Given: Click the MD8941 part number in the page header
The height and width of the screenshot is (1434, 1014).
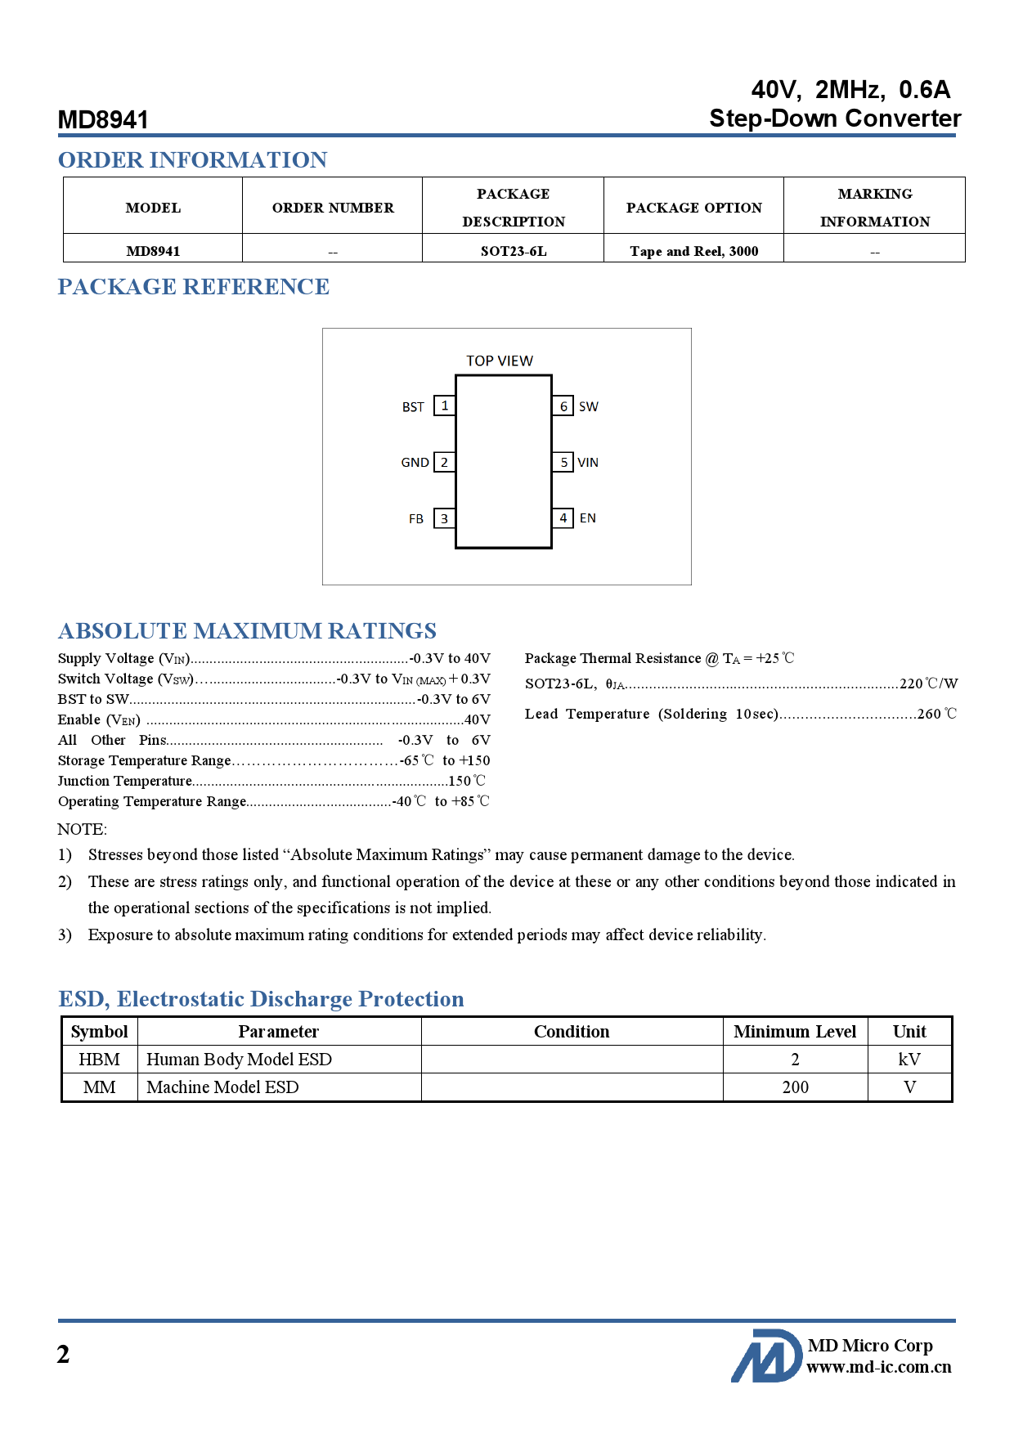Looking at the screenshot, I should point(103,120).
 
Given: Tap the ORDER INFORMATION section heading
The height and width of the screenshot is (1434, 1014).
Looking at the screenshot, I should point(192,160).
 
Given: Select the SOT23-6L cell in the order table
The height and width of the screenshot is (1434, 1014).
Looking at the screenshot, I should point(513,251).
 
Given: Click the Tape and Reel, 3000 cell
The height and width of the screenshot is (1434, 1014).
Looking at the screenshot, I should point(693,251).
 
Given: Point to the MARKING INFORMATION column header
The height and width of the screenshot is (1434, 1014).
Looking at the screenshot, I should point(874,208).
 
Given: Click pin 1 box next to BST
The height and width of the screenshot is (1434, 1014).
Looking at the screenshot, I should point(444,406).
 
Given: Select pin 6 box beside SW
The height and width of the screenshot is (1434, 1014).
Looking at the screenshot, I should point(563,406).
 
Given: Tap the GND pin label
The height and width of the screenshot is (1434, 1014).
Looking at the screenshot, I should point(415,463).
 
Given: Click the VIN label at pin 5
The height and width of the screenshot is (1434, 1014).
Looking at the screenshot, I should point(588,463).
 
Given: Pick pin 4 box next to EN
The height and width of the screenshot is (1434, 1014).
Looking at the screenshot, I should point(563,518).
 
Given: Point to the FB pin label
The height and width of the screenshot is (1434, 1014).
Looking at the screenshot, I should point(416,519).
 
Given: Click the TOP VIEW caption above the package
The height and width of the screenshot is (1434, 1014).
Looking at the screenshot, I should point(499,361).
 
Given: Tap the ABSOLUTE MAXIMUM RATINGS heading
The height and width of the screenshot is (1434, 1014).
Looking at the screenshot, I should point(247,631).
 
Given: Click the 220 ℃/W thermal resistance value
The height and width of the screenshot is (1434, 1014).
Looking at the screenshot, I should point(928,683).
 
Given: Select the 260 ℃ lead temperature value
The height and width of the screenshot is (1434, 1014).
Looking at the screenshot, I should point(936,714).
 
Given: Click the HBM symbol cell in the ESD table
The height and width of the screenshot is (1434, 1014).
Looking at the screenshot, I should point(99,1060).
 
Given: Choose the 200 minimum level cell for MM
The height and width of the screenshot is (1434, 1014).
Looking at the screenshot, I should point(795,1087).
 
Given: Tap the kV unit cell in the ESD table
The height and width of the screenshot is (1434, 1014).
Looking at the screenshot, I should point(909,1060).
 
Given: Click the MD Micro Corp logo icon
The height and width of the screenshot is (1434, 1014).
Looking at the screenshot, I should point(766,1356).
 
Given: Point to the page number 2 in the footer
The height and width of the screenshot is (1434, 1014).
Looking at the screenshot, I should point(64,1356).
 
